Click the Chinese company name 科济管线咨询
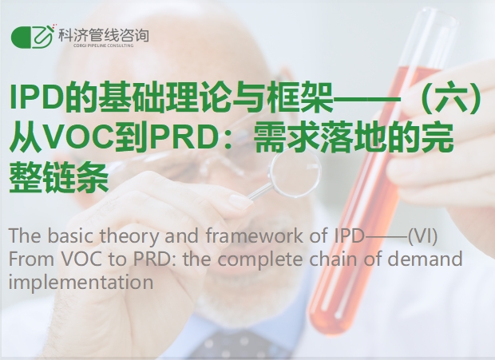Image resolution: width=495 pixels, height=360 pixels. click(104, 35)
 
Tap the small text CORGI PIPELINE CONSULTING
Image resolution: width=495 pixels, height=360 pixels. click(104, 45)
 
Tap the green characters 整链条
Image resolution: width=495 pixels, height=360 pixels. click(59, 178)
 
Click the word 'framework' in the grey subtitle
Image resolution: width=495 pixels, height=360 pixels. click(255, 235)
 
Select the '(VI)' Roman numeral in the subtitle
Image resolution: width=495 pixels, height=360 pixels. click(422, 236)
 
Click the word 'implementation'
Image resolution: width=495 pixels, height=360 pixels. click(81, 283)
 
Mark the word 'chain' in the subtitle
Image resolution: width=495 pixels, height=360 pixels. click(333, 259)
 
